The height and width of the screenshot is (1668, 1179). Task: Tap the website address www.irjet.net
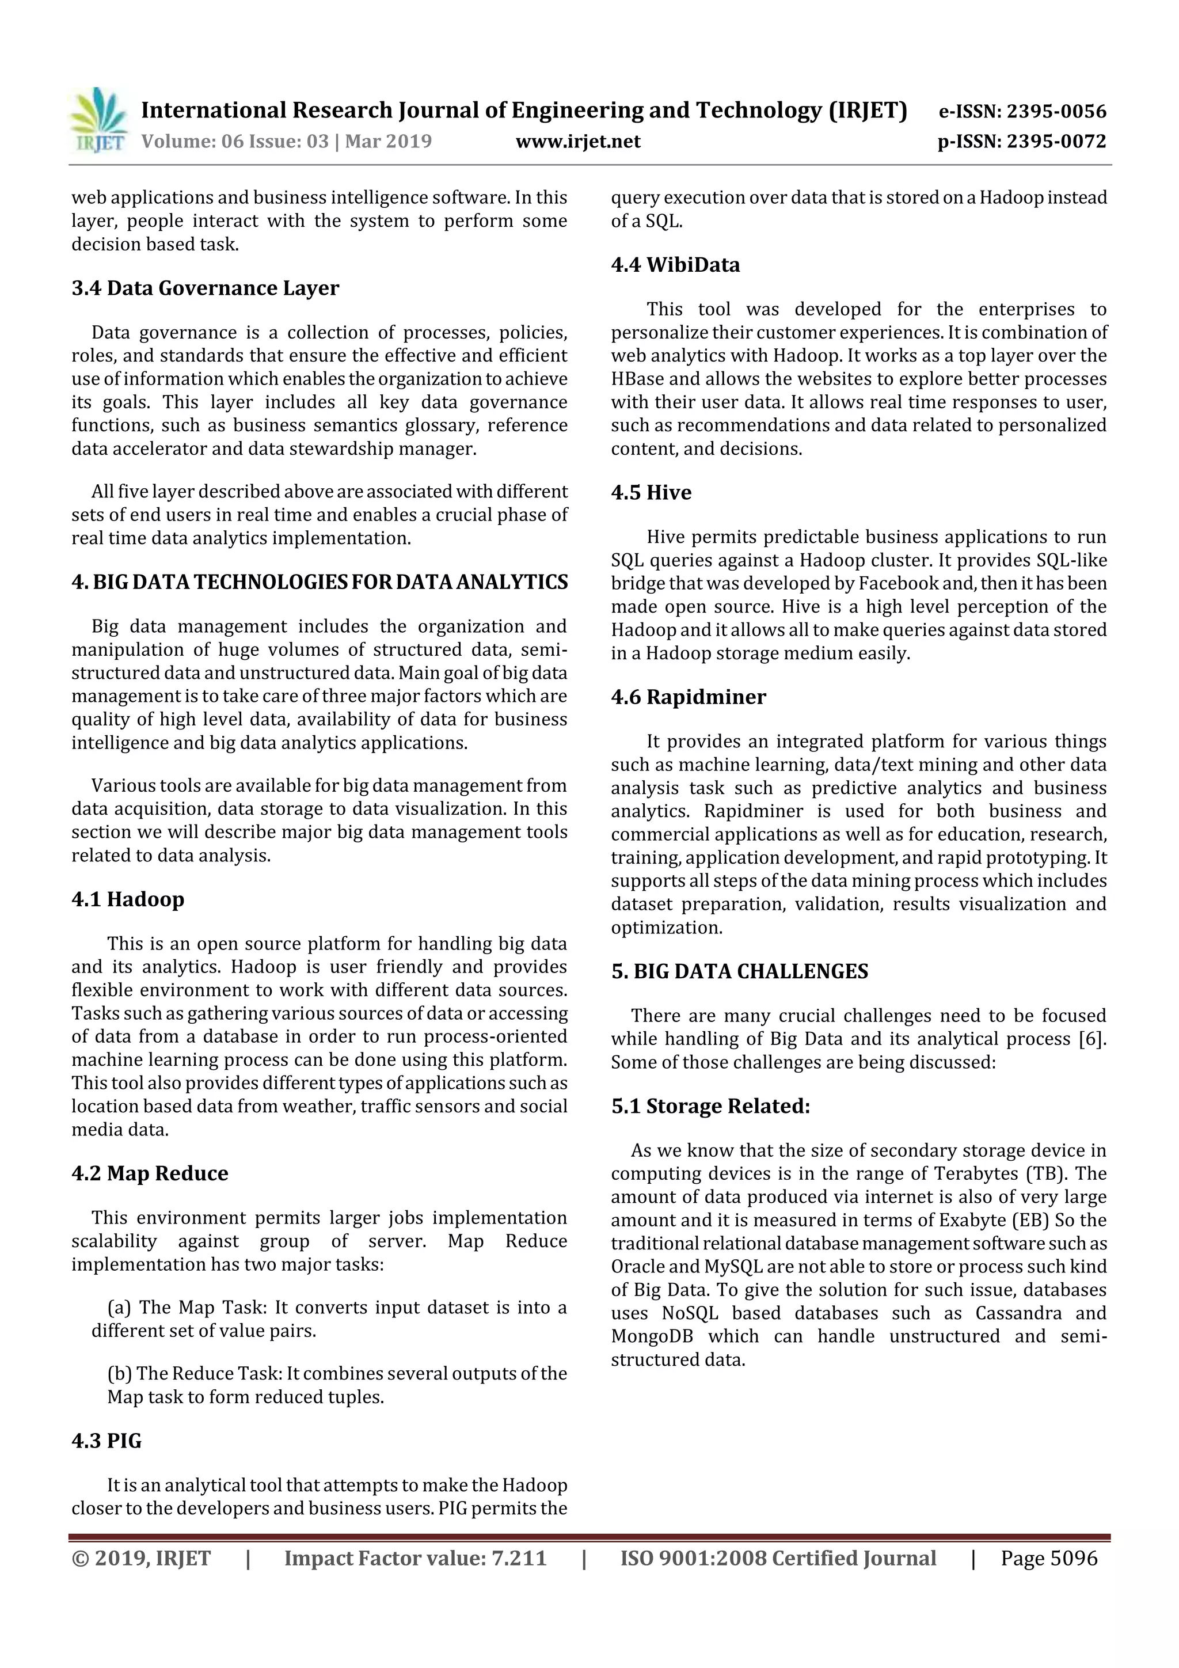click(577, 141)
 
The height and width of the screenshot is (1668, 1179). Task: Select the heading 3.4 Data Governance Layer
click(205, 288)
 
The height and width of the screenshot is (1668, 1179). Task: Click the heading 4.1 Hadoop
click(128, 899)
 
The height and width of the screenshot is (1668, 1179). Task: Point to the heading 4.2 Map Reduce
click(150, 1173)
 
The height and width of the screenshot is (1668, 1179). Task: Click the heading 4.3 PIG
click(106, 1441)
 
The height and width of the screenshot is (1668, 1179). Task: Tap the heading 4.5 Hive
click(651, 492)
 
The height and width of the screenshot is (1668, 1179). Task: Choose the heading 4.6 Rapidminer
click(688, 697)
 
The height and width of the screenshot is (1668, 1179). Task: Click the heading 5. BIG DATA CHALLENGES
click(740, 972)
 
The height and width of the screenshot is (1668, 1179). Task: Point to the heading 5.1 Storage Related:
click(710, 1107)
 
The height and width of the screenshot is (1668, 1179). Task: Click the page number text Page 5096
click(1048, 1558)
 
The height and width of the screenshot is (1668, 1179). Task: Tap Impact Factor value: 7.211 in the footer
click(415, 1558)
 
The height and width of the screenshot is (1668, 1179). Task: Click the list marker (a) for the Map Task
click(119, 1308)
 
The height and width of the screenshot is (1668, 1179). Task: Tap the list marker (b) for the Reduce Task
click(119, 1374)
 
